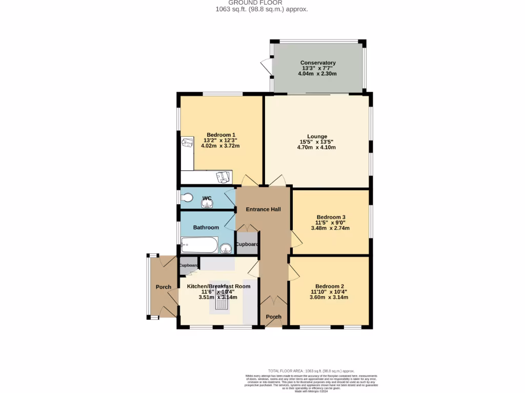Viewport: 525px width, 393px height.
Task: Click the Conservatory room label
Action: [x=318, y=63]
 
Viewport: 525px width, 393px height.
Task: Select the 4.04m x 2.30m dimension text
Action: [x=317, y=74]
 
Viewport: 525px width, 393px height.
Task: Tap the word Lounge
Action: [x=317, y=136]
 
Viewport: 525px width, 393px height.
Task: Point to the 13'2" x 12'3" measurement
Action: [x=220, y=140]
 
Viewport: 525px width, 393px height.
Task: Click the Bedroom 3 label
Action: [x=331, y=217]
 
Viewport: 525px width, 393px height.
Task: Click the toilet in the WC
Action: [x=186, y=198]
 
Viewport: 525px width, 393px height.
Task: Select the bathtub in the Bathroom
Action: [x=198, y=246]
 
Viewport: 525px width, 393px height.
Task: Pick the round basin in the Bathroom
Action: [x=225, y=249]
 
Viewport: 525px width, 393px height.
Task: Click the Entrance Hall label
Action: [x=263, y=209]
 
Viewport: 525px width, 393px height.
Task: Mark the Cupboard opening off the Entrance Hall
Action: [x=247, y=244]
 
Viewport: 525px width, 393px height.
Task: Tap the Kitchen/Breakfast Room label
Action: [x=218, y=286]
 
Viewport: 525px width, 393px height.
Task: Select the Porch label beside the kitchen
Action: [x=164, y=287]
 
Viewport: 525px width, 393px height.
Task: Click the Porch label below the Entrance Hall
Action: [x=273, y=317]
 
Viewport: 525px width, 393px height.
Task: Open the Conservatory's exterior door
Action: [x=266, y=67]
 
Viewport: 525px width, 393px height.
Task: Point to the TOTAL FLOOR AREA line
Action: [x=311, y=371]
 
